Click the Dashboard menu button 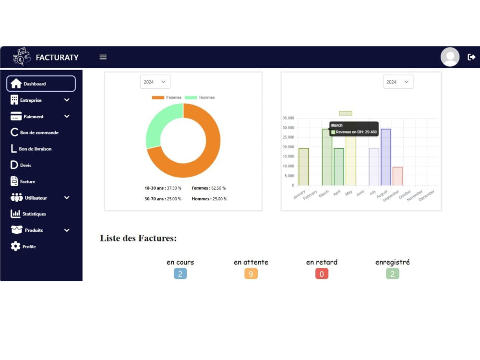[41, 84]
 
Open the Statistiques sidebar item [28, 214]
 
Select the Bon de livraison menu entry [31, 149]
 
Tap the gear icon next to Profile [15, 246]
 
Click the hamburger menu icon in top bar [103, 57]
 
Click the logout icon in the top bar [471, 57]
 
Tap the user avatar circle [450, 57]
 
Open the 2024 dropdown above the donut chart [155, 82]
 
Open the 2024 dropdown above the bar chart [397, 82]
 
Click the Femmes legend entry [167, 97]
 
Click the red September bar [397, 176]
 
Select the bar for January [304, 167]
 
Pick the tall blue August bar [386, 157]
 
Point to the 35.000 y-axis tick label [288, 118]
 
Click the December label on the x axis [426, 196]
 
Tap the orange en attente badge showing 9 [251, 274]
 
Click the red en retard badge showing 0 [322, 274]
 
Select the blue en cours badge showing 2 [180, 274]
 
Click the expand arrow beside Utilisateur [67, 198]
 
